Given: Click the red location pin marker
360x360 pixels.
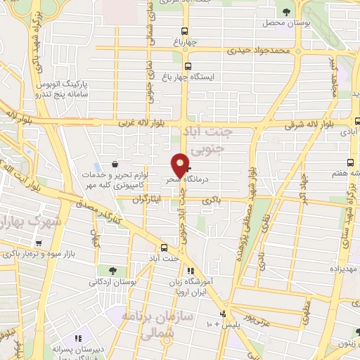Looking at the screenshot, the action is pyautogui.click(x=181, y=165).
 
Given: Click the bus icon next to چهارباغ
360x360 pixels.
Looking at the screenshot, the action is pyautogui.click(x=185, y=32).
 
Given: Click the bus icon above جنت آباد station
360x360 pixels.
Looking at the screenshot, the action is pyautogui.click(x=164, y=247).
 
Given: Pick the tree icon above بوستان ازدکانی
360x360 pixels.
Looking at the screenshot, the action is pyautogui.click(x=112, y=270).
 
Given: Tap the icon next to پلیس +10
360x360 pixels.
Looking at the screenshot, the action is pyautogui.click(x=223, y=314).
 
